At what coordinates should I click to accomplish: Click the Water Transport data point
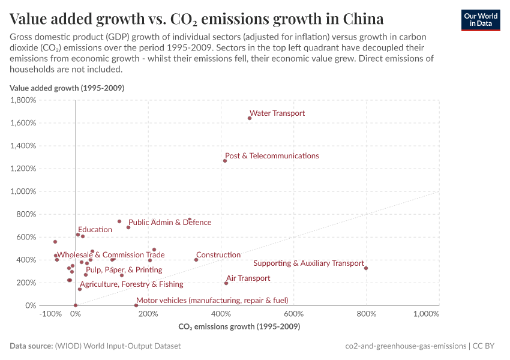coord(250,118)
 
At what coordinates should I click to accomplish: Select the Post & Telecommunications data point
coord(225,161)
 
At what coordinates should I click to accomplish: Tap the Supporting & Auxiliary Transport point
coord(366,268)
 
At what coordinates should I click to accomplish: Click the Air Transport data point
coord(226,283)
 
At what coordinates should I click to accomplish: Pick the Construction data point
coord(196,260)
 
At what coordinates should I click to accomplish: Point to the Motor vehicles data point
coord(136,305)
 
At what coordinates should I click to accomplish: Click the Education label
coord(95,230)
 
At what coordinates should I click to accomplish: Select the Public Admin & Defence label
coord(170,223)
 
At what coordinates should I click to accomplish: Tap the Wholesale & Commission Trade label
coord(111,255)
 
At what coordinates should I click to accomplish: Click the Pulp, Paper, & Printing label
coord(124,270)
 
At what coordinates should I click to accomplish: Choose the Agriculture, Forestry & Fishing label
coord(131,284)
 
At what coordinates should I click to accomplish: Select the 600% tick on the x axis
coord(293,314)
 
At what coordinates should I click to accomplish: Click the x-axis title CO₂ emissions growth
coord(239,327)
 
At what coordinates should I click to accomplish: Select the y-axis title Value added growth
coord(67,88)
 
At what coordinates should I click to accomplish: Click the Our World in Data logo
coord(480,20)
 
